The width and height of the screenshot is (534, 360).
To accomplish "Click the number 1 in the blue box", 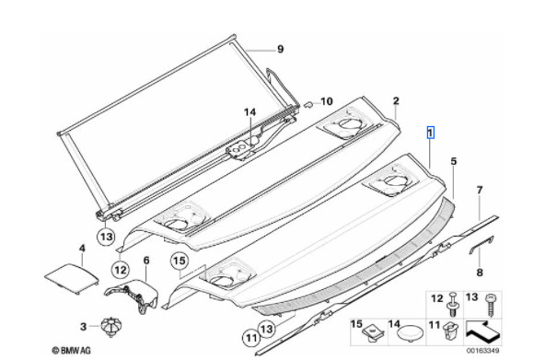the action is (x=431, y=133).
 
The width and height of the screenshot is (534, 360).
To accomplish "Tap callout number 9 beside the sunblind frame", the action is (x=280, y=49).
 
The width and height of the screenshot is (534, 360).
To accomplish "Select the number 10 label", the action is (x=326, y=101).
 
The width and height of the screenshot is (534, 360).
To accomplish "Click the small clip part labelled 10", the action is (x=308, y=104).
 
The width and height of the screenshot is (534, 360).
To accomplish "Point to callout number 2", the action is (x=396, y=100).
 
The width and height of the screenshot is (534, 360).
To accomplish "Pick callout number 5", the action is (x=453, y=161).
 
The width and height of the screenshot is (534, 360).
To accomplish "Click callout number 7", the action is (x=480, y=190).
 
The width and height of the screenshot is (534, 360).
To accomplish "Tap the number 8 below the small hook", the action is (x=480, y=273).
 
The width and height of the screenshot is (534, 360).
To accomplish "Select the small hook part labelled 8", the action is (x=482, y=243).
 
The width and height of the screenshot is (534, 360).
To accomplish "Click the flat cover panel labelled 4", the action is (x=72, y=277).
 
